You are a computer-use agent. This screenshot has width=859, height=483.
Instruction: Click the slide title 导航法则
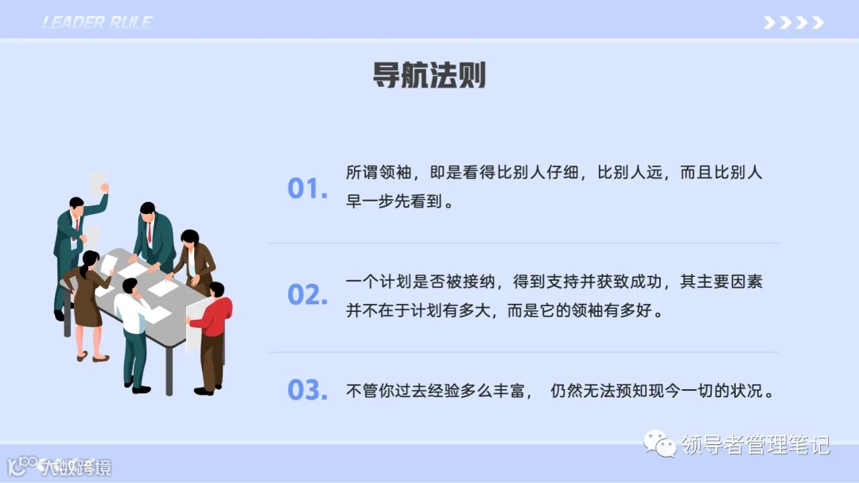click(429, 76)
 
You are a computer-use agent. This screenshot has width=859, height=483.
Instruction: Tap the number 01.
click(307, 189)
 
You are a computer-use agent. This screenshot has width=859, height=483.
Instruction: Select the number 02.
click(307, 295)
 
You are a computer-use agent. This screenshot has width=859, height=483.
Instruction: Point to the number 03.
click(307, 391)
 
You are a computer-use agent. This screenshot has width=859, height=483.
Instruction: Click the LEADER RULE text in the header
click(97, 22)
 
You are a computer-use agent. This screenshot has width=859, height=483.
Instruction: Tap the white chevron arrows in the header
click(793, 22)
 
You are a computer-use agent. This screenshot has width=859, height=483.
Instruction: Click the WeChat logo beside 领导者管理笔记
click(659, 443)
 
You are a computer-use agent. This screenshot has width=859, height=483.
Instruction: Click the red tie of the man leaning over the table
click(149, 232)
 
